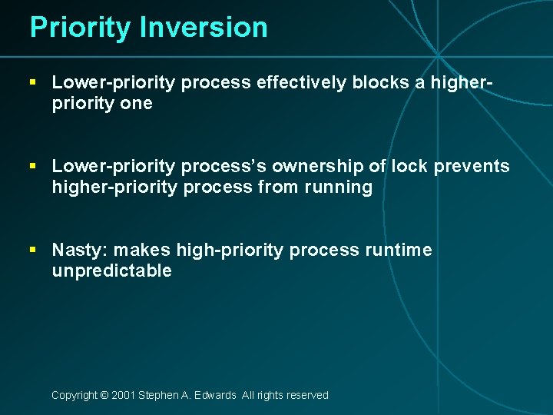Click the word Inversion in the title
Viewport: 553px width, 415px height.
204,28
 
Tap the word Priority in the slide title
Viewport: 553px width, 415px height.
81,28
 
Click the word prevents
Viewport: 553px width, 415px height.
472,167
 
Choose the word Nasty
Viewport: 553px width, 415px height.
75,250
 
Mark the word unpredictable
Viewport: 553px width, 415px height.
111,271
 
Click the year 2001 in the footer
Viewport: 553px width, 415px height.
123,395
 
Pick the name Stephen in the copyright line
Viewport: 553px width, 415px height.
160,395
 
